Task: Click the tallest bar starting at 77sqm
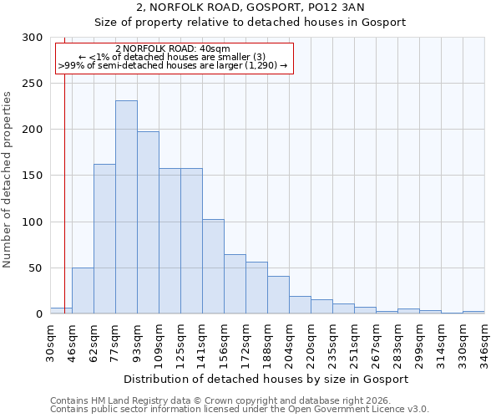point(126,207)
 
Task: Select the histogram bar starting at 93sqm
point(148,222)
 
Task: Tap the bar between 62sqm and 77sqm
point(104,238)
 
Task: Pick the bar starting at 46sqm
point(83,290)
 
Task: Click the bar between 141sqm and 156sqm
point(213,266)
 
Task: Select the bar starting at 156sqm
point(235,283)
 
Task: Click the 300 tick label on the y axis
point(33,38)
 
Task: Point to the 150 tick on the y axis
point(33,176)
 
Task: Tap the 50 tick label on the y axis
point(36,268)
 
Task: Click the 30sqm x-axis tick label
point(51,341)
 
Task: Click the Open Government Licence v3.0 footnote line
point(240,410)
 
